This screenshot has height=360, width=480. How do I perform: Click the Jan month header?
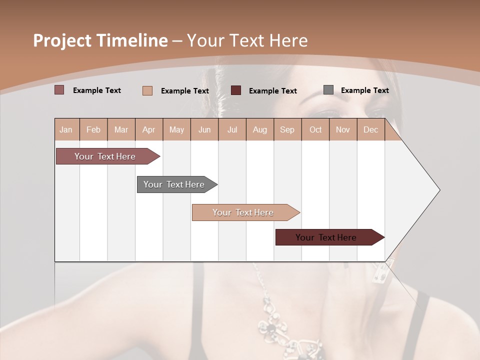pyautogui.click(x=66, y=130)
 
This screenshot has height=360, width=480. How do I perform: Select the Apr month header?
pyautogui.click(x=149, y=130)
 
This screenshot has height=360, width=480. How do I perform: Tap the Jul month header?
pyautogui.click(x=232, y=130)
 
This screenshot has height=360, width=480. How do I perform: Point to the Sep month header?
pyautogui.click(x=287, y=130)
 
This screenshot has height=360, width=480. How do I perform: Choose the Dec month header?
pyautogui.click(x=370, y=130)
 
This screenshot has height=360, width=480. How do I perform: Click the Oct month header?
pyautogui.click(x=315, y=130)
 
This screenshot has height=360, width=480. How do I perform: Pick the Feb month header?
pyautogui.click(x=93, y=130)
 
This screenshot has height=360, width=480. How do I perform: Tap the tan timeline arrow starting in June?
pyautogui.click(x=244, y=212)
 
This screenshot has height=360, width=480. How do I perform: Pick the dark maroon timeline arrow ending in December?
pyautogui.click(x=327, y=237)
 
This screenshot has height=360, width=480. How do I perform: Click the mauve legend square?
pyautogui.click(x=59, y=90)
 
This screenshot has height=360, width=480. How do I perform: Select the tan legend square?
pyautogui.click(x=147, y=90)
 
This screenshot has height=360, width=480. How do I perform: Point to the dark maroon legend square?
pyautogui.click(x=236, y=90)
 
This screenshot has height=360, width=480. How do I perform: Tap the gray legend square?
pyautogui.click(x=328, y=90)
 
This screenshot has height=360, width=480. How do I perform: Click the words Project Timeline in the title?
pyautogui.click(x=100, y=40)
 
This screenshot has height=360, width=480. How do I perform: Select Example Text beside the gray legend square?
pyautogui.click(x=364, y=90)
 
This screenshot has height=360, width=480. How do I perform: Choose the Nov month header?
pyautogui.click(x=343, y=130)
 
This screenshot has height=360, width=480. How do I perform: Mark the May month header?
pyautogui.click(x=176, y=130)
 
